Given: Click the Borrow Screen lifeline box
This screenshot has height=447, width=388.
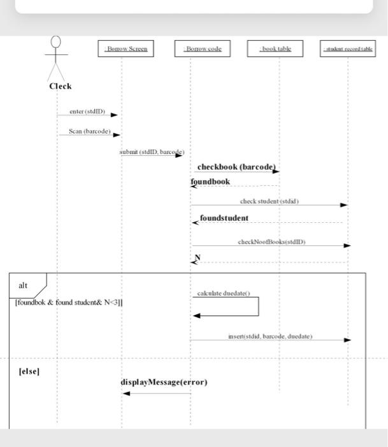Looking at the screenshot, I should (x=125, y=49).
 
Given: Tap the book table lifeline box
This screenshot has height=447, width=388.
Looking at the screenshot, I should (x=275, y=49).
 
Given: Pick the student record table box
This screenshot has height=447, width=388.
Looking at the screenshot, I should (x=348, y=49).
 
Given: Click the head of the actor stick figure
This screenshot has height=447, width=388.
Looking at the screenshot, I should (x=57, y=42).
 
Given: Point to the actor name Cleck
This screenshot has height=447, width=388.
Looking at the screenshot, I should (x=61, y=86).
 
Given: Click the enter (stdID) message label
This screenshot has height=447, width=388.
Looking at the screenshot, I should (x=87, y=111).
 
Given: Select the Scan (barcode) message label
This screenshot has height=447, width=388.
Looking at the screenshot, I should (x=90, y=132).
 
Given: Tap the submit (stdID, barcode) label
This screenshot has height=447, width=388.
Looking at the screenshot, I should (x=151, y=153).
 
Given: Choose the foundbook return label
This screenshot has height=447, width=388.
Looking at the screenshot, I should (x=210, y=182).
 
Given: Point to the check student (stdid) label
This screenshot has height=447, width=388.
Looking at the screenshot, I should (x=269, y=201).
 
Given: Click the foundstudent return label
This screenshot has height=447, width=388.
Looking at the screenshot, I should (x=224, y=218).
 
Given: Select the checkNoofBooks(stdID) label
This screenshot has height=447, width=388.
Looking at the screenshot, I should (x=271, y=242).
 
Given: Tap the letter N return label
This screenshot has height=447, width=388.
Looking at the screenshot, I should (x=198, y=257).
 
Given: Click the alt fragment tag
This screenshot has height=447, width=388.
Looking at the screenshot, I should (x=24, y=285).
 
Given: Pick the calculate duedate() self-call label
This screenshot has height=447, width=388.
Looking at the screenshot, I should (x=224, y=293).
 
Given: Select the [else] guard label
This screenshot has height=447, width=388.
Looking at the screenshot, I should (x=29, y=371).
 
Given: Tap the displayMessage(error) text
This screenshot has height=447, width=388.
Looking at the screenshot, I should (x=164, y=383).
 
